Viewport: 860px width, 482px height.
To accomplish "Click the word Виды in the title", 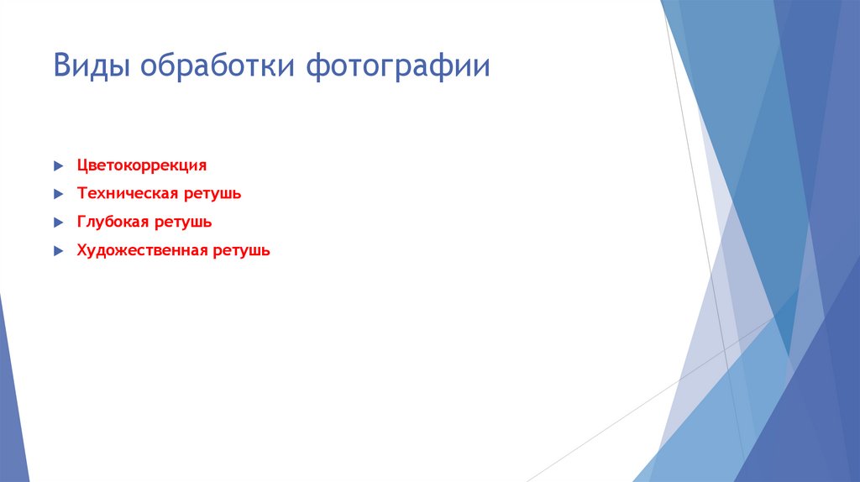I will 91,66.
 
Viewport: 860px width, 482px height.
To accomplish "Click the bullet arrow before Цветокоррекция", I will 57,166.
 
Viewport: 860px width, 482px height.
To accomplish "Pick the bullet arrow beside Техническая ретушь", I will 57,194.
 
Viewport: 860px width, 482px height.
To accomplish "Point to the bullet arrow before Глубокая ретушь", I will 57,223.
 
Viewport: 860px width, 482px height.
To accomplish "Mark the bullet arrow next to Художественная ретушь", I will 57,250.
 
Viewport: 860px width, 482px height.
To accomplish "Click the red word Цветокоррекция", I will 141,166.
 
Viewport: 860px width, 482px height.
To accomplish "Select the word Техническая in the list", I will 125,194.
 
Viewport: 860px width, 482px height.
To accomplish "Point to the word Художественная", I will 141,250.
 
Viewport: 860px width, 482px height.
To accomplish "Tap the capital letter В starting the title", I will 61,66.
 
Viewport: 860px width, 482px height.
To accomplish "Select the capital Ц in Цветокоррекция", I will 82,166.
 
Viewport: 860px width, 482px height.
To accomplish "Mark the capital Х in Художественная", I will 81,250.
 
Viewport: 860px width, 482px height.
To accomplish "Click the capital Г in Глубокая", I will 81,223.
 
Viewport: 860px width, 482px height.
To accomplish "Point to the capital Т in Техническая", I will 81,194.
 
